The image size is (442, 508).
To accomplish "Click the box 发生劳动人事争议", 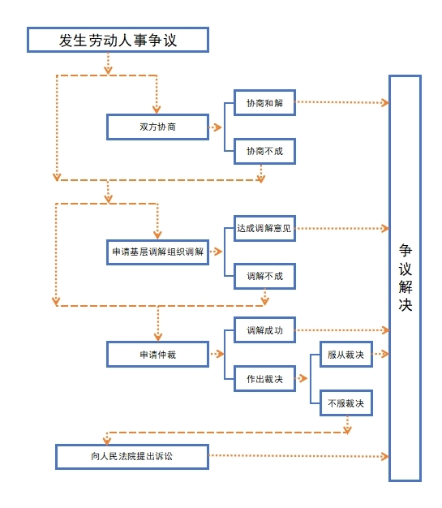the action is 118,40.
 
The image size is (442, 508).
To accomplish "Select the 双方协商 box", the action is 157,127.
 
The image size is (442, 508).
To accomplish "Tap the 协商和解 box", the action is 264,103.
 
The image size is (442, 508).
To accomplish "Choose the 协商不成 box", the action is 264,151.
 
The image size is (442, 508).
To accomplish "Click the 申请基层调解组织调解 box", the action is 157,252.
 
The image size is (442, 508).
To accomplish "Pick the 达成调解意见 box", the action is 264,228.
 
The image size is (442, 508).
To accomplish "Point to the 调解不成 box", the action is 264,277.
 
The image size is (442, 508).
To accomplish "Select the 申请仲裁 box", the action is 157,355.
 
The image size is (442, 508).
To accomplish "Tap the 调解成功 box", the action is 264,330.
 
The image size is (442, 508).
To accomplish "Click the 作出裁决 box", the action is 264,379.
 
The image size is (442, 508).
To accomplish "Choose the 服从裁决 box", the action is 346,355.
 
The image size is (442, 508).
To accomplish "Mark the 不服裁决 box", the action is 346,403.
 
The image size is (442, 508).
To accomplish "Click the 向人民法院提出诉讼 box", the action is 132,457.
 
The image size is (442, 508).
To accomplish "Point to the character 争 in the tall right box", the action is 405,251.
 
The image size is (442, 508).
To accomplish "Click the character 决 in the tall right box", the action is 405,304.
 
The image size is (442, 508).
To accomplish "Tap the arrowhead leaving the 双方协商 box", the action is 218,127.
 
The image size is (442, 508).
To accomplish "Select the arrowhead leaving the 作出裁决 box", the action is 303,378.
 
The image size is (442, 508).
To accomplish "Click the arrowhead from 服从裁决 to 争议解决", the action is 384,354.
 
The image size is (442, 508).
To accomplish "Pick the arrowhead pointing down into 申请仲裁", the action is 158,337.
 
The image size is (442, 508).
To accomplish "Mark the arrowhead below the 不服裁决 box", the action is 347,430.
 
